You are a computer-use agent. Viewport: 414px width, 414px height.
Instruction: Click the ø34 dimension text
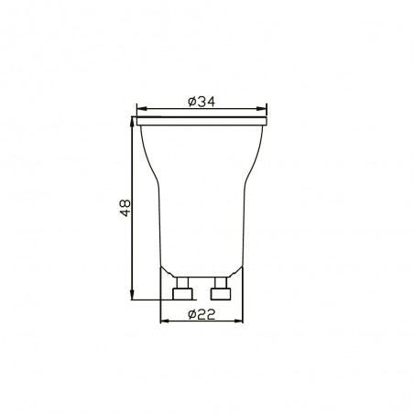click(202, 101)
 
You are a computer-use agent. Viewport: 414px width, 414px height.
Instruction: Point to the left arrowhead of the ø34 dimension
click(140, 107)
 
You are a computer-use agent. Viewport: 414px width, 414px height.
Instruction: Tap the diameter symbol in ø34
click(190, 101)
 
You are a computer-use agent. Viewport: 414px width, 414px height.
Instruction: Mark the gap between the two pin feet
click(202, 294)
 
